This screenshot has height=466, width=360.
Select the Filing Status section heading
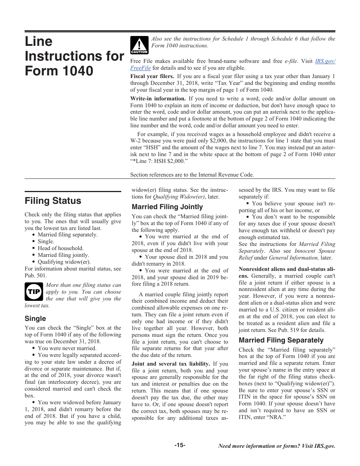tap(53, 201)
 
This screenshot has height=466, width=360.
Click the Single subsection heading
tap(35, 319)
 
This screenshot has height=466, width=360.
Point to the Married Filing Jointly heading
tap(167, 207)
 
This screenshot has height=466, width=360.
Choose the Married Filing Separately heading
tap(281, 340)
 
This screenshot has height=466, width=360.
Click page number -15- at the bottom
tap(180, 445)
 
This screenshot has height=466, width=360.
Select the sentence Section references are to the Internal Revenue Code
tap(192, 175)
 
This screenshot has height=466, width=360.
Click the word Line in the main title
tap(39, 41)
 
